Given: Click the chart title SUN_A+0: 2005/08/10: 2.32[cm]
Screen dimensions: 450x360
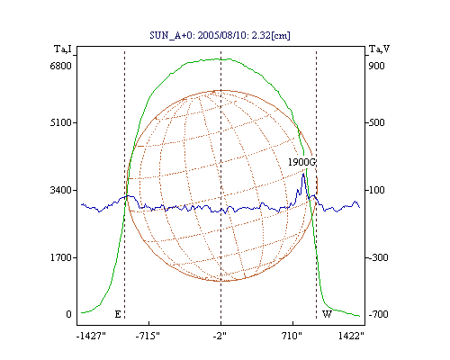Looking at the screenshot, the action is click(x=220, y=35).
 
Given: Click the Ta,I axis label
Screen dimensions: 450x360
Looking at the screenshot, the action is click(x=63, y=49).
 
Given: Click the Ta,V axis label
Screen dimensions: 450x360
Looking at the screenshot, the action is click(x=379, y=49).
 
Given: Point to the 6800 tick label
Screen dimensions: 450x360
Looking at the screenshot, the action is click(x=61, y=66).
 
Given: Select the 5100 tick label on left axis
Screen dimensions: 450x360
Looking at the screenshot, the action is click(x=61, y=122).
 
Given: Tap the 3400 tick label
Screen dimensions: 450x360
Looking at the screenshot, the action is click(x=61, y=190).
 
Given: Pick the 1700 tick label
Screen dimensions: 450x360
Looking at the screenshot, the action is click(x=61, y=257).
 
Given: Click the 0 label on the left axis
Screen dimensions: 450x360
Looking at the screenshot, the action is click(x=69, y=314).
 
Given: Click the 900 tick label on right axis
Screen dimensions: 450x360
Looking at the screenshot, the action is click(x=376, y=66).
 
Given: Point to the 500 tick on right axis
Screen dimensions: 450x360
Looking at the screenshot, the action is click(x=376, y=122).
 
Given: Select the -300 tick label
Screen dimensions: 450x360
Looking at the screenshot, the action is click(x=378, y=257).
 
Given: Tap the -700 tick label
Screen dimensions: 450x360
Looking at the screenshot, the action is click(x=378, y=314).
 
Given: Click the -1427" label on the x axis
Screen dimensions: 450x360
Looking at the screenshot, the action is click(x=91, y=336).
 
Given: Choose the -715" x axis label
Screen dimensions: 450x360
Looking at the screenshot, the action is click(x=148, y=336).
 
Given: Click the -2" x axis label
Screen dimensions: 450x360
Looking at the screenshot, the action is click(x=220, y=336).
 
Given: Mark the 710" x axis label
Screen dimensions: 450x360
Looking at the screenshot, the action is click(x=292, y=336).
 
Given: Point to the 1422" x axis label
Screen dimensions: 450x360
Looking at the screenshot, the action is click(x=351, y=336).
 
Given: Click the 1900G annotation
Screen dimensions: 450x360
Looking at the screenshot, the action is click(x=301, y=162).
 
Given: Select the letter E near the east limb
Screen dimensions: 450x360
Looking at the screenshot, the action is click(x=118, y=314).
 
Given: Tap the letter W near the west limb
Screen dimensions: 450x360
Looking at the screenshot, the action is click(x=327, y=314).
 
